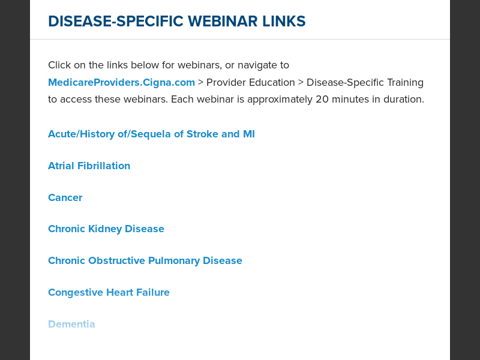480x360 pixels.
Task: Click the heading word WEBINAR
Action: coord(223,22)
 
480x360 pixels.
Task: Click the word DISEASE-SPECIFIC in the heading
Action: coord(116,22)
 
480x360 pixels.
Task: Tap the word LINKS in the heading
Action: coord(284,22)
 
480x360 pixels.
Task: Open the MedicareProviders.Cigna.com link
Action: coord(121,82)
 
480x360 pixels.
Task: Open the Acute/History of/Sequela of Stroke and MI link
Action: coord(151,134)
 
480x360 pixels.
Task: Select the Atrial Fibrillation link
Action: coord(89,166)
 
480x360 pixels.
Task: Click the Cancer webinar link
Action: coord(65,197)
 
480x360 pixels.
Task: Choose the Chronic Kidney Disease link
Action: coord(106,229)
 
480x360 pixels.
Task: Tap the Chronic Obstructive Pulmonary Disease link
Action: coord(145,260)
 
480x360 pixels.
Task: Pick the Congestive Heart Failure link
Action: coord(109,292)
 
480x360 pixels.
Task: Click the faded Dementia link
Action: coord(71,324)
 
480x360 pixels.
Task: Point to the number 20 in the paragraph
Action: coord(322,99)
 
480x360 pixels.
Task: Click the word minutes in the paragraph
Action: coord(352,99)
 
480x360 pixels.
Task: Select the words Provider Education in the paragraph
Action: coord(251,82)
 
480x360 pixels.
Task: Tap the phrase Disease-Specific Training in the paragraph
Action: coord(365,82)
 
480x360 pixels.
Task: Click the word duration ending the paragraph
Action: coord(404,99)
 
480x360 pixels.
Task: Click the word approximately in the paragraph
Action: coord(282,99)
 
